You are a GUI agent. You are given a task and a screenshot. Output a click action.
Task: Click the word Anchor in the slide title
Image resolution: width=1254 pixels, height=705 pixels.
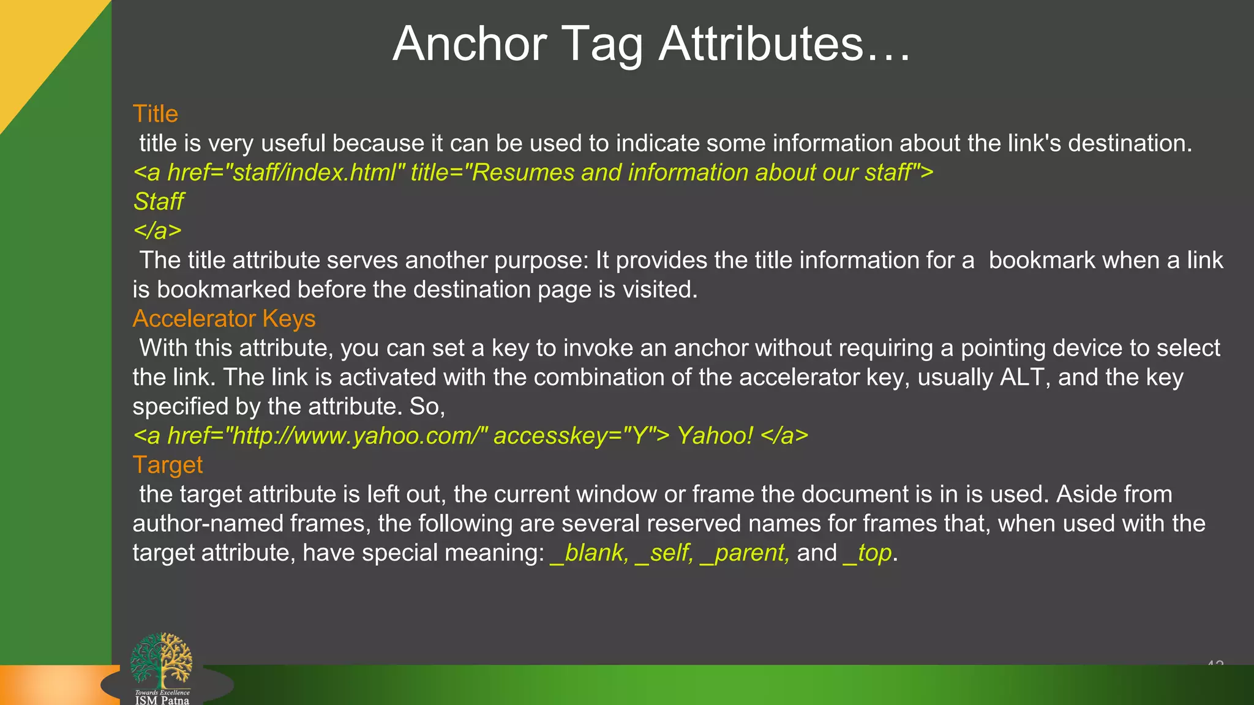[470, 44]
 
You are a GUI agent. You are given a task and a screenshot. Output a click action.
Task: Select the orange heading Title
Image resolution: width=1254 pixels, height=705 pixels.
[156, 114]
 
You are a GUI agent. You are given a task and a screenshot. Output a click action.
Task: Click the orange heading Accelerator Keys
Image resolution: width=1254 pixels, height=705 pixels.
[224, 319]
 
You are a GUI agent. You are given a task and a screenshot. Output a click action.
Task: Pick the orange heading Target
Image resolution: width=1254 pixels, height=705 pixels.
[167, 465]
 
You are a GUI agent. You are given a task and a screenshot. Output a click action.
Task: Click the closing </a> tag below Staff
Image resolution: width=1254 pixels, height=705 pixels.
[157, 231]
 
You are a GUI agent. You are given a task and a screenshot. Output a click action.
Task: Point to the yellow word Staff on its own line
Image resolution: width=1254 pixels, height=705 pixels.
[159, 201]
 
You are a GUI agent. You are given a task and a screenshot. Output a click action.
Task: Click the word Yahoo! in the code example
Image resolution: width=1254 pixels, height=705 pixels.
[715, 436]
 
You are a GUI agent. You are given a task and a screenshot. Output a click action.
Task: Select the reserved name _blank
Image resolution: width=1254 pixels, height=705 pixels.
[589, 553]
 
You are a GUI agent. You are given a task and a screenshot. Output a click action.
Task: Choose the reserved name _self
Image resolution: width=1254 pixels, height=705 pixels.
[664, 553]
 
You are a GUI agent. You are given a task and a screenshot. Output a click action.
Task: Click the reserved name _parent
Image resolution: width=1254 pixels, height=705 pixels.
[744, 553]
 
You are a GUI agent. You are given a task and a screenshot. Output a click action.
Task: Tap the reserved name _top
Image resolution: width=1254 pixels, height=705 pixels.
[867, 553]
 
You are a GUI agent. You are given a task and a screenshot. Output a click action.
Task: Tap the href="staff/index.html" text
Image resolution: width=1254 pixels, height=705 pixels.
[286, 173]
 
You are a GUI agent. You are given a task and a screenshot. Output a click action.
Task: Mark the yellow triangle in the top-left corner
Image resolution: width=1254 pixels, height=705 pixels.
[37, 43]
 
